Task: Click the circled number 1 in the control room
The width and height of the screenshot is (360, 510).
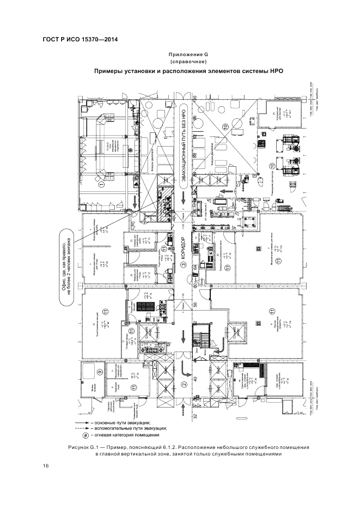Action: [x=101, y=185]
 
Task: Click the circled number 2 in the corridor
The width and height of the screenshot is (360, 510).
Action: [x=184, y=385]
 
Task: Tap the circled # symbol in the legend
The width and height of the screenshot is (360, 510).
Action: [x=84, y=435]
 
